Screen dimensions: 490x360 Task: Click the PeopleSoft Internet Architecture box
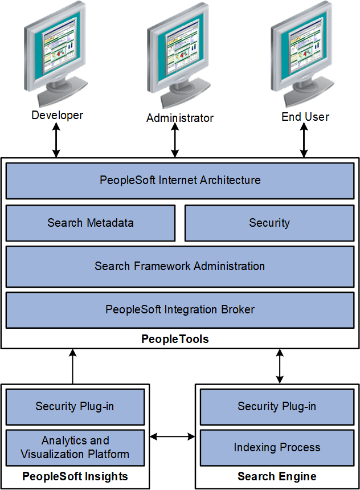[180, 181]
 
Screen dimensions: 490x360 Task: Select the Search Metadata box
[91, 223]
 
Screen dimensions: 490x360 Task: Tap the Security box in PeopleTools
[269, 223]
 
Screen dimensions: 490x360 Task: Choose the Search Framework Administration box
[180, 266]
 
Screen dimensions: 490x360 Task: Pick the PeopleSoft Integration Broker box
[180, 310]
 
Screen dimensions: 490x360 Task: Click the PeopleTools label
[175, 340]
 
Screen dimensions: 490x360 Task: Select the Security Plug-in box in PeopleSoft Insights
[75, 407]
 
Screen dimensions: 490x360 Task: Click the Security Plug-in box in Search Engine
[277, 407]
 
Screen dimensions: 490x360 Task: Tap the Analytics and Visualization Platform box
[75, 448]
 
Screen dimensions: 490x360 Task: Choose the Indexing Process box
[277, 448]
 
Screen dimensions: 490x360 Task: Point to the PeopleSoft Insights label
[75, 476]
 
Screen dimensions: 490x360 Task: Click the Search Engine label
[277, 476]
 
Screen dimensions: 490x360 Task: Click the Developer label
[57, 116]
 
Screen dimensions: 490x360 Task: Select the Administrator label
[179, 119]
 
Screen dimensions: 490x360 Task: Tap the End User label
[305, 117]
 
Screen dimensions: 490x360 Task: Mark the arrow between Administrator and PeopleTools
[175, 141]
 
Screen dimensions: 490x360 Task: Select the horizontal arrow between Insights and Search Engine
[173, 437]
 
